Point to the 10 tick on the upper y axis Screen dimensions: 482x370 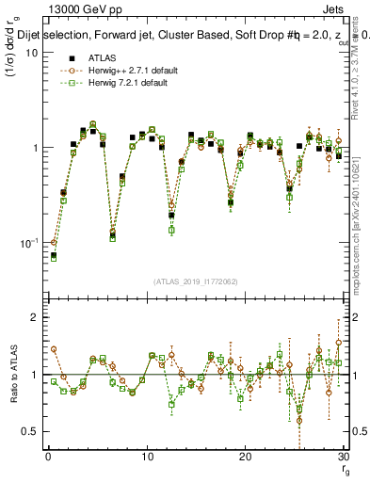click(x=28, y=53)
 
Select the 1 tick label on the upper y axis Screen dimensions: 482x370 click(x=32, y=148)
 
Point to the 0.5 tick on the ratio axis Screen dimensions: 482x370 click(x=27, y=431)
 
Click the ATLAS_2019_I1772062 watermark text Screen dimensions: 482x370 click(x=194, y=281)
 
